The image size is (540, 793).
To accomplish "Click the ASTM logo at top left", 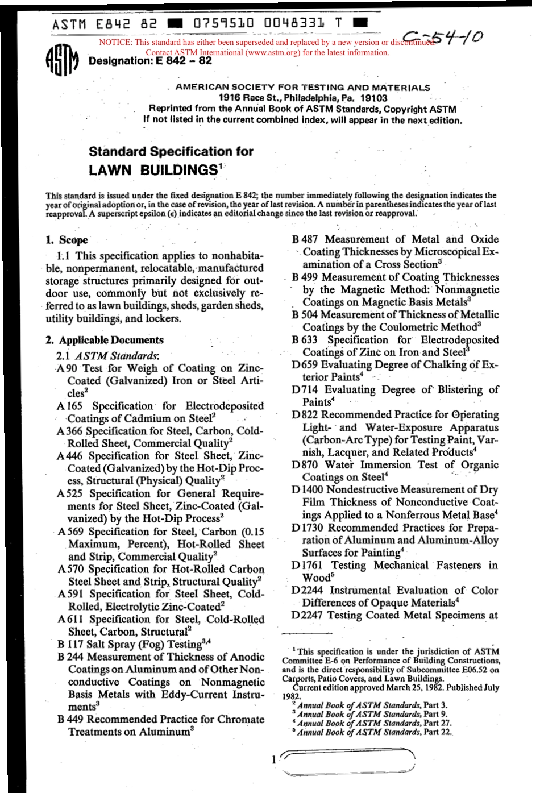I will pyautogui.click(x=61, y=60).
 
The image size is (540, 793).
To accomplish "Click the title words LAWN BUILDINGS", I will pyautogui.click(x=153, y=170).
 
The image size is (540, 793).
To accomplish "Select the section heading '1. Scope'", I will pyautogui.click(x=67, y=240).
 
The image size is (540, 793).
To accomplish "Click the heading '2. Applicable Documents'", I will pyautogui.click(x=104, y=340).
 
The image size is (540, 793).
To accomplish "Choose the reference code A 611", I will pyautogui.click(x=70, y=619).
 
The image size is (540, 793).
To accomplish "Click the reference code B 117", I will pyautogui.click(x=69, y=644).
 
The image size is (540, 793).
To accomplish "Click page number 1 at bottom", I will pyautogui.click(x=274, y=759).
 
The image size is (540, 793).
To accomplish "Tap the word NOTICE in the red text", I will pyautogui.click(x=115, y=43).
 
